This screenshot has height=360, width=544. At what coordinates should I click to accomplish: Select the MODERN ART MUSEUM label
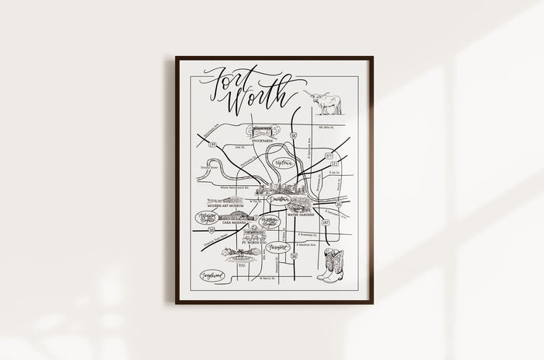point(223,206)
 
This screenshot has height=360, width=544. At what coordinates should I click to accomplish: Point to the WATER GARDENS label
point(300,212)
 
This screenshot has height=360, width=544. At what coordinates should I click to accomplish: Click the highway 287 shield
point(326,222)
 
